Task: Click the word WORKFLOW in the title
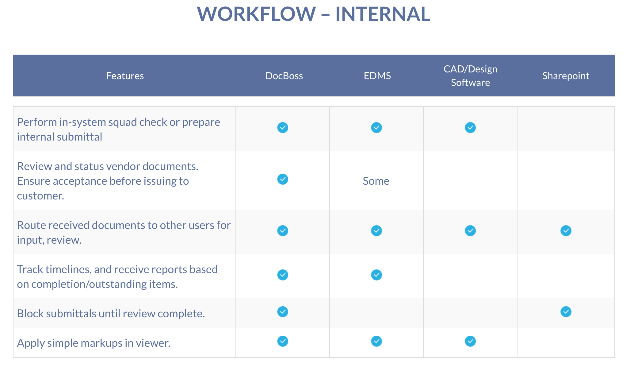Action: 256,14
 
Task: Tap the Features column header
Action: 125,76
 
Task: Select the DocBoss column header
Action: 284,76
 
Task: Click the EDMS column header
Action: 377,76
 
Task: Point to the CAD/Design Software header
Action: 470,76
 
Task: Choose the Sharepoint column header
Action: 566,76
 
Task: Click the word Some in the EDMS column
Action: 376,181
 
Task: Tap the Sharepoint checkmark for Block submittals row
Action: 566,312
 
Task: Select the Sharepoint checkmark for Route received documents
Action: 566,231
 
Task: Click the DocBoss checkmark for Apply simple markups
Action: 283,341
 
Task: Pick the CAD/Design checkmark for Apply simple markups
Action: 470,341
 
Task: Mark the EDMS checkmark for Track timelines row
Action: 376,275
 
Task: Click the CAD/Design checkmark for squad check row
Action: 470,128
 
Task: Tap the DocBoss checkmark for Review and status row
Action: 283,179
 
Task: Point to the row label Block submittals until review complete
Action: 111,314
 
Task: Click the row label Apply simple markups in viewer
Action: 94,343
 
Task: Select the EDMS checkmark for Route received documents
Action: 376,231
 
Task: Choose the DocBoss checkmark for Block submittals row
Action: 283,312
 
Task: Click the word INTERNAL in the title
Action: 383,14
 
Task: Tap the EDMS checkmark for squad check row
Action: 376,128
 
